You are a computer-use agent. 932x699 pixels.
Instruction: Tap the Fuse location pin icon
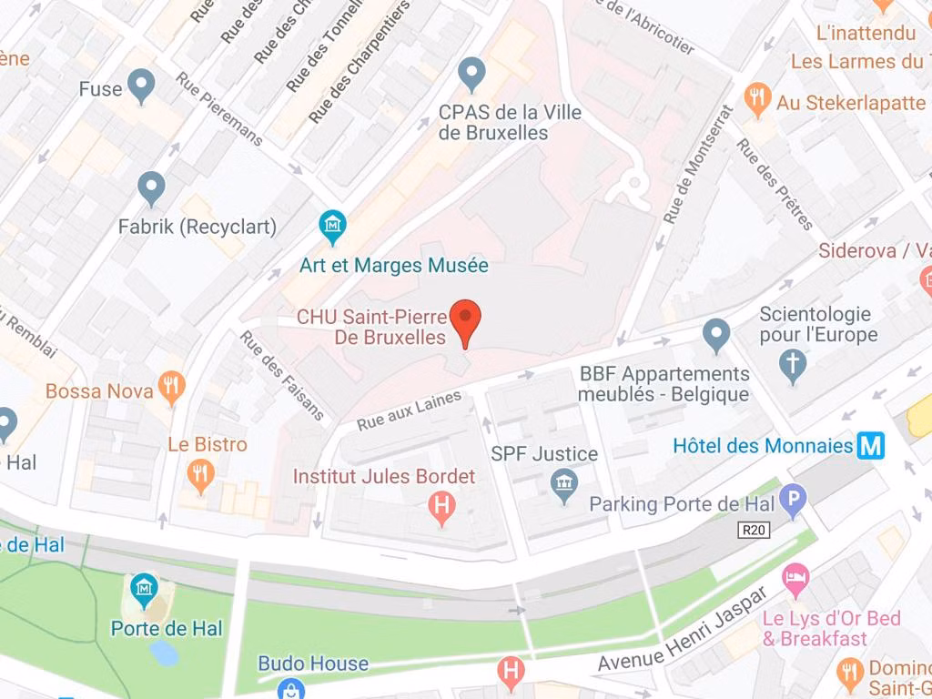(140, 86)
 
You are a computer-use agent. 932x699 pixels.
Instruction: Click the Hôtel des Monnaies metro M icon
(871, 446)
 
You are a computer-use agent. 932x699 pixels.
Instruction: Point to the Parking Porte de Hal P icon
(795, 501)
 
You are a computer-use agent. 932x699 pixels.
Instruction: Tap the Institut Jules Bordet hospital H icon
(441, 506)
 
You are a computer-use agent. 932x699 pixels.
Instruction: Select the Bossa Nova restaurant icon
(171, 387)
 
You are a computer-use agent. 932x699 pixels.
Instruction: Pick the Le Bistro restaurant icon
(201, 473)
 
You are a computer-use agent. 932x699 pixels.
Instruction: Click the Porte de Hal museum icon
(144, 591)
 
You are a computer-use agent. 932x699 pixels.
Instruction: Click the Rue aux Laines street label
(410, 410)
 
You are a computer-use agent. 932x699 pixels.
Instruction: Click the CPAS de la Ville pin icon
(471, 74)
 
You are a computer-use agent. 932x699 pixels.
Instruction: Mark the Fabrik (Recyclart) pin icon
(151, 188)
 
